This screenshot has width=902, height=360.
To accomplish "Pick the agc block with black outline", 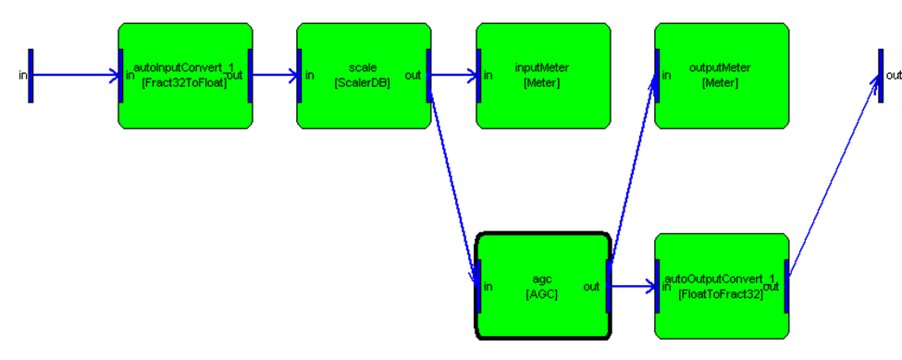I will click(543, 286).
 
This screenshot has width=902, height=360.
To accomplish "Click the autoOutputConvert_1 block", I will click(722, 286).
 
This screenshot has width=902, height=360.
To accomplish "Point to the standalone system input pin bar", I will click(31, 75).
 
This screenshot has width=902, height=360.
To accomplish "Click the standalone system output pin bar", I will click(881, 75).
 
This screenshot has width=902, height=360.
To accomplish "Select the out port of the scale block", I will click(428, 75).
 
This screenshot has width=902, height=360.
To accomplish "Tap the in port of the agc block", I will click(478, 286).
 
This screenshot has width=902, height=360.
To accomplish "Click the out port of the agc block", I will click(608, 286).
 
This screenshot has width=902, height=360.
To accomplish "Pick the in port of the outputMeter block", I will click(657, 75).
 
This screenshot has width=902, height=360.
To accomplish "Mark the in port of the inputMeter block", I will click(478, 75).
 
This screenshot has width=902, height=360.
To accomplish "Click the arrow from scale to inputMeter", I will click(453, 75).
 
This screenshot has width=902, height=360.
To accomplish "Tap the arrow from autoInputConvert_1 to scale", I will click(275, 75).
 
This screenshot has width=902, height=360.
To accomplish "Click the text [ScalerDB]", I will click(363, 82).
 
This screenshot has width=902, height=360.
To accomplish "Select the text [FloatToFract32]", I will click(721, 294).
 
